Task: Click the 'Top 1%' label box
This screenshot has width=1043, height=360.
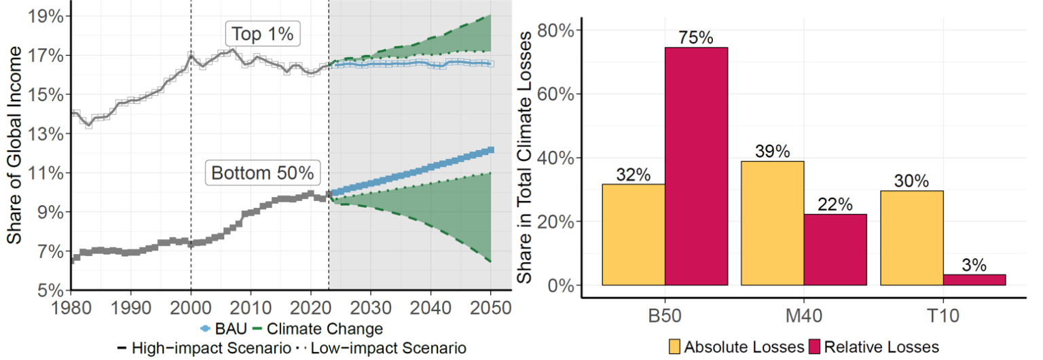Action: click(263, 34)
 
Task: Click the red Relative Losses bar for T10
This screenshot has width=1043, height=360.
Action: click(974, 279)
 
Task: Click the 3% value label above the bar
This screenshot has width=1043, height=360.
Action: click(974, 265)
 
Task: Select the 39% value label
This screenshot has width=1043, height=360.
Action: click(772, 151)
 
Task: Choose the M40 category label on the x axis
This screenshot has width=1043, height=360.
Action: click(804, 318)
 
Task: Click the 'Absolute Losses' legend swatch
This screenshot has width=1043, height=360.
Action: click(675, 346)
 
